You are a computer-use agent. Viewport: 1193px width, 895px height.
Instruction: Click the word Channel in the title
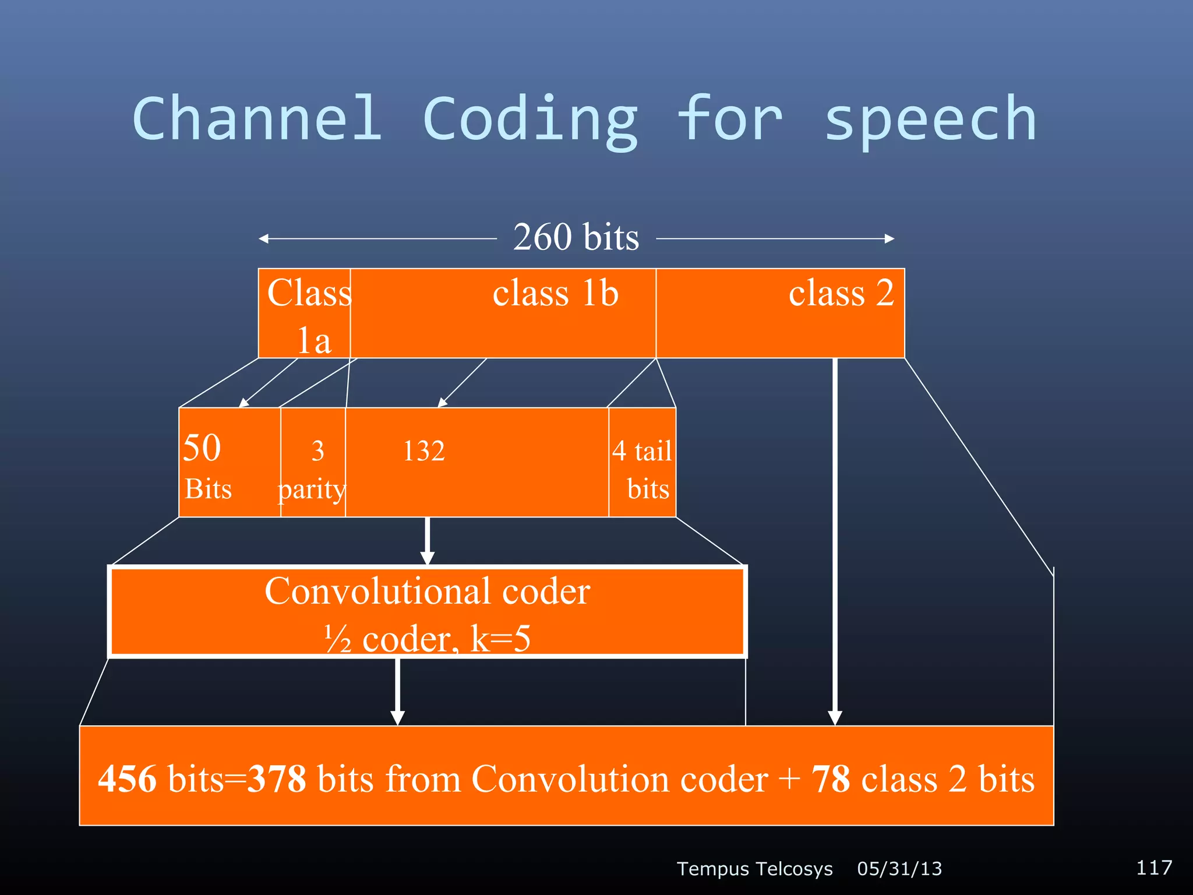[x=257, y=119]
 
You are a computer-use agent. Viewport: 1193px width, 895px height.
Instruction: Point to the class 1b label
[x=555, y=293]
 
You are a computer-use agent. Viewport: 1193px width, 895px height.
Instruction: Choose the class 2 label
[x=841, y=293]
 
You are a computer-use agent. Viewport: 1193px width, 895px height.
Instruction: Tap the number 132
[x=423, y=451]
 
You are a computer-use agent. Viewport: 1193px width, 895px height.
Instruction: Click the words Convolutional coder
[x=427, y=591]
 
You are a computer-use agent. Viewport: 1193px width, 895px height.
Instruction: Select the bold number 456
[x=127, y=779]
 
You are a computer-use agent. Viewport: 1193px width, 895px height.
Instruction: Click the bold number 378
[x=277, y=779]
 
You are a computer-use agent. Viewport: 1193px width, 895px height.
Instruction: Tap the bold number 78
[x=831, y=779]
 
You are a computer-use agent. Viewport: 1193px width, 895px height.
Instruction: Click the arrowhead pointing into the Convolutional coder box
[x=428, y=556]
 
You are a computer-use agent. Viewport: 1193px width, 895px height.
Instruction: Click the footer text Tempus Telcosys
[x=754, y=868]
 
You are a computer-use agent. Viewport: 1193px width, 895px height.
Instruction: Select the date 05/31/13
[x=899, y=868]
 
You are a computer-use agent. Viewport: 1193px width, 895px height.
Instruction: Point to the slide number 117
[x=1153, y=867]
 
